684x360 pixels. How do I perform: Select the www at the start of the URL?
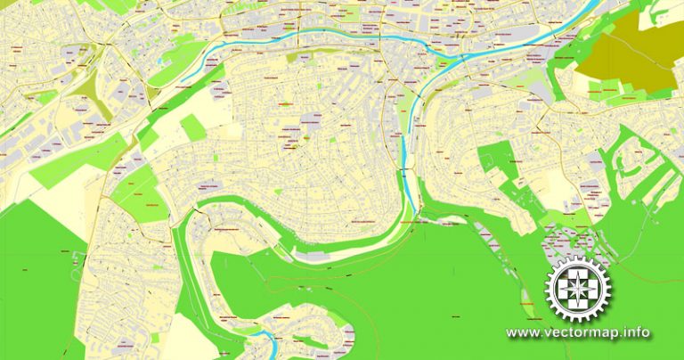[x=522, y=333]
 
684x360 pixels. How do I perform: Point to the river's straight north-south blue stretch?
[x=406, y=147]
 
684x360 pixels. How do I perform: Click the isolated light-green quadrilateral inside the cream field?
[x=192, y=128]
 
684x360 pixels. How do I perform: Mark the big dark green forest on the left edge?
[x=36, y=285]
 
